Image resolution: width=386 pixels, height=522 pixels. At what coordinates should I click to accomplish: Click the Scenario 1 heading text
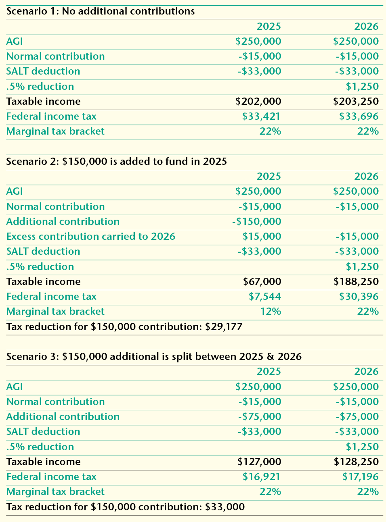[x=101, y=11]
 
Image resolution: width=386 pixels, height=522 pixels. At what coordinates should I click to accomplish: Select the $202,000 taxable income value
[x=258, y=102]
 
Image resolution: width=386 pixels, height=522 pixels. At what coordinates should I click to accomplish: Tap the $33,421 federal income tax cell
[x=261, y=116]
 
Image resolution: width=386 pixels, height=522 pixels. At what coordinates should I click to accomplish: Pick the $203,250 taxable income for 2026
[x=356, y=102]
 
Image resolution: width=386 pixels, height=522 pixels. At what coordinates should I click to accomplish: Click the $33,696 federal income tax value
[x=359, y=116]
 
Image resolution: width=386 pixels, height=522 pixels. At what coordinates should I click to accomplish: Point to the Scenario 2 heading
[x=117, y=162]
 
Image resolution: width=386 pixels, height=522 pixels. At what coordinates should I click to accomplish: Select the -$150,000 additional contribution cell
[x=256, y=222]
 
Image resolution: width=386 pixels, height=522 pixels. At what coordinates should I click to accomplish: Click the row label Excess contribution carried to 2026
[x=91, y=237]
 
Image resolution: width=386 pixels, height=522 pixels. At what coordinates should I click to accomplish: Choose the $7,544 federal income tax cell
[x=264, y=297]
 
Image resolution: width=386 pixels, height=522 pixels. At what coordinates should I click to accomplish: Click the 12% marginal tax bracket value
[x=271, y=312]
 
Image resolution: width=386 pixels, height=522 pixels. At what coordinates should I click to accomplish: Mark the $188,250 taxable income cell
[x=356, y=282]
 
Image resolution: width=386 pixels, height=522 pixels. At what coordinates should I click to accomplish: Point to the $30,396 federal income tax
[x=359, y=297]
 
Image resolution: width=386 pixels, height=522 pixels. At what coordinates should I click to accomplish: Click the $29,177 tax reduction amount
[x=224, y=327]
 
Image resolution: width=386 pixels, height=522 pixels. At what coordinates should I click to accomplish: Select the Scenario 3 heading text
[x=154, y=357]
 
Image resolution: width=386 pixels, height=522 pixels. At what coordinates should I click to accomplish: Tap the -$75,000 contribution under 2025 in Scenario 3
[x=259, y=417]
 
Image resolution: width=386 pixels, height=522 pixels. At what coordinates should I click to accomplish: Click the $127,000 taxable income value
[x=259, y=462]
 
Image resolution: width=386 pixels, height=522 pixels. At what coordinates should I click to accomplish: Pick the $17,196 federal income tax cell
[x=360, y=477]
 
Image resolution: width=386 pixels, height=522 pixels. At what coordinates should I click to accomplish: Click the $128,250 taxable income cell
[x=356, y=462]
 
